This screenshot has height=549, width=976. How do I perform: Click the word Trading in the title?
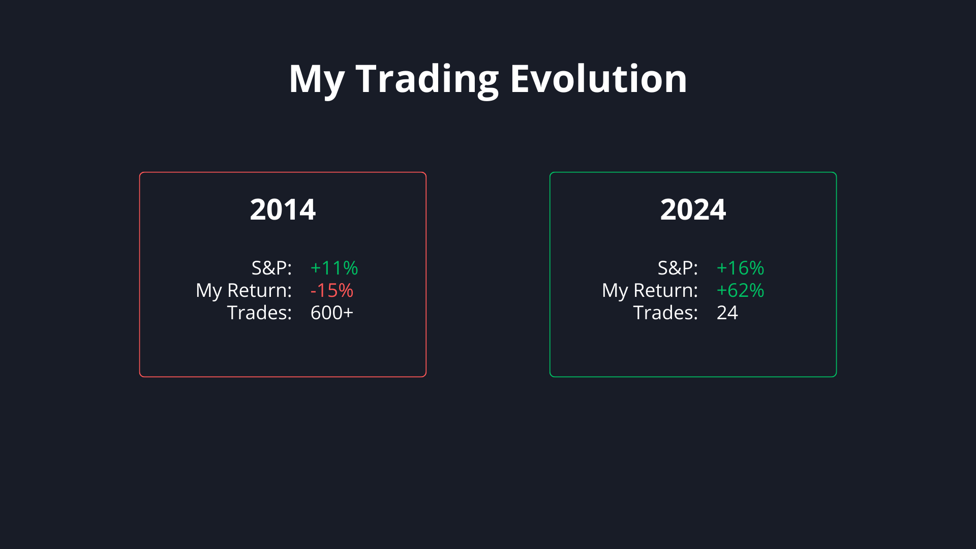coord(427,80)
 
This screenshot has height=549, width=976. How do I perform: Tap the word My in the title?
coord(317,80)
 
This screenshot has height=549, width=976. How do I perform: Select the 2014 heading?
coord(283,209)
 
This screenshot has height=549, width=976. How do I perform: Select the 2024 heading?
coord(693,209)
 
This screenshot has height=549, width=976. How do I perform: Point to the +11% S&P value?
coord(334,268)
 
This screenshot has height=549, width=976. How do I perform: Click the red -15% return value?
coord(331,290)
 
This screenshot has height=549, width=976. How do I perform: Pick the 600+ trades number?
coord(331,313)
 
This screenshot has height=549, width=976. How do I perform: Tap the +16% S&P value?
coord(740,268)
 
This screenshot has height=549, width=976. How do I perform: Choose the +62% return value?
coord(740,290)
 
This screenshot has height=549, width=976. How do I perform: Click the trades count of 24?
coord(727,313)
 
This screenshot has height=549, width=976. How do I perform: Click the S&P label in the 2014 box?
coord(271,268)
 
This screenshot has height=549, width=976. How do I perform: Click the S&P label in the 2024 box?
coord(678,268)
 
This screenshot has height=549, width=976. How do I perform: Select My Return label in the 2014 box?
coord(244,291)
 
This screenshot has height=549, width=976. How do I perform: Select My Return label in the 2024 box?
coord(650,291)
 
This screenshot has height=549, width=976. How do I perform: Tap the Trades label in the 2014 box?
coord(259,313)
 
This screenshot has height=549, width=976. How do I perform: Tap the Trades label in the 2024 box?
coord(665,313)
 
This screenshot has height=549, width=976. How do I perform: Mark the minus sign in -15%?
coord(313,292)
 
